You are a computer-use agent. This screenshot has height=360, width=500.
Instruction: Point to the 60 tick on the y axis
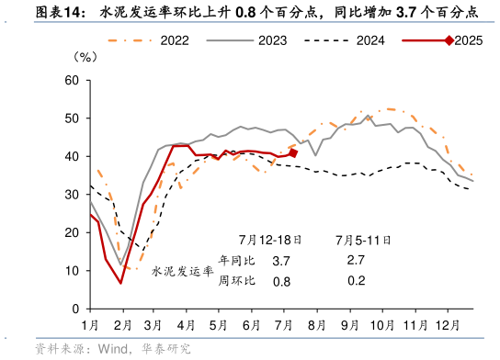coord(72,81)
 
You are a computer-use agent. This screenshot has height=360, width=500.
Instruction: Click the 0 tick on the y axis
coord(75,309)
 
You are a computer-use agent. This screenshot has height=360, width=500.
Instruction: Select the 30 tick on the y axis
coord(72,195)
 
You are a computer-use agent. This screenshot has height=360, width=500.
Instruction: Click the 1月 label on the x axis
coord(90,326)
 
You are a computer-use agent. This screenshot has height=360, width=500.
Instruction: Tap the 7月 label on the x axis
coord(284,326)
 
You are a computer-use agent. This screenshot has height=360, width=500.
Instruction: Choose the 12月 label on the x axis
coord(449,326)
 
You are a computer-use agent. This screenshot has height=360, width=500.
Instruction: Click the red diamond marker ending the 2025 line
coord(293,152)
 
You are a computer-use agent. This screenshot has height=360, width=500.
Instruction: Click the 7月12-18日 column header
coord(276,241)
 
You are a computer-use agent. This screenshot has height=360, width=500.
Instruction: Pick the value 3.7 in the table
coord(281,262)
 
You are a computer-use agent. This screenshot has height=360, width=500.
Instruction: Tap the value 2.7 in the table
coord(357,261)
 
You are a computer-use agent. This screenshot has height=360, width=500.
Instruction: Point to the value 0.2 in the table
coord(357,281)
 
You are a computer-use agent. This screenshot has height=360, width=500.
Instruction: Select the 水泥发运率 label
coord(182,271)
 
